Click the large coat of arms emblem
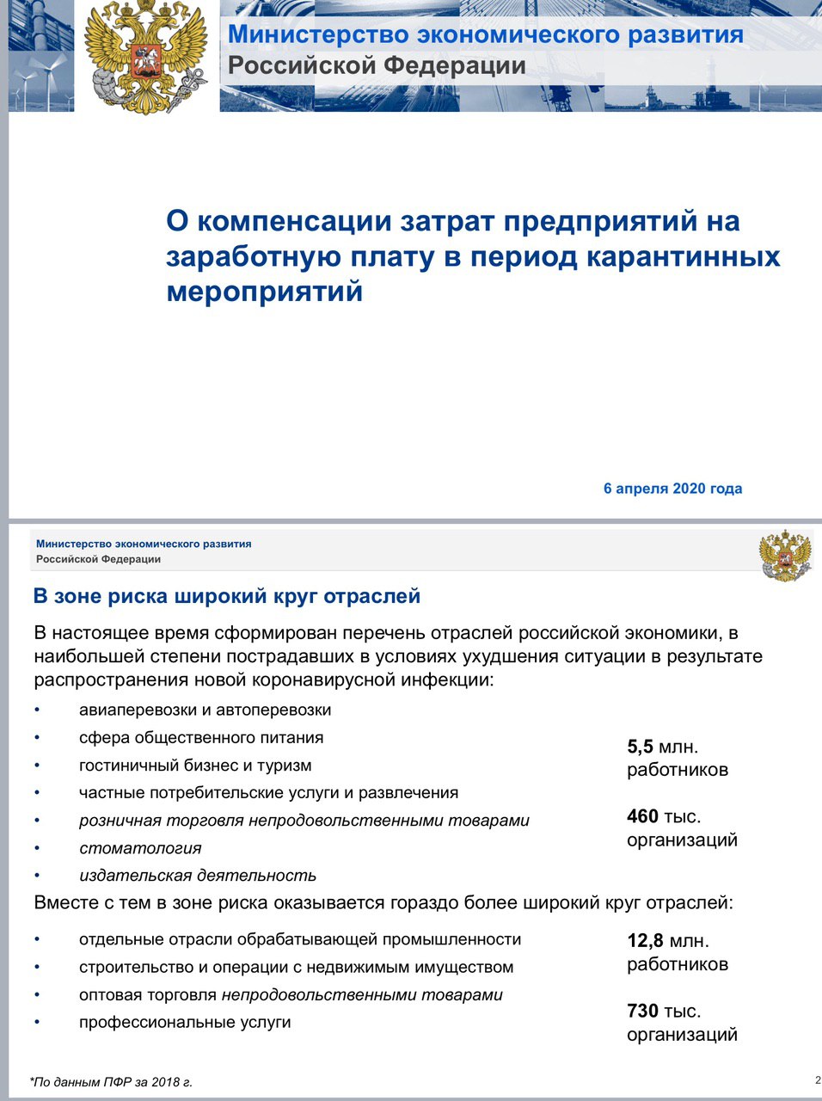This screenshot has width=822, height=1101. [x=146, y=57]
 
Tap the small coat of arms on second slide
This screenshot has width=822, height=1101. [x=785, y=556]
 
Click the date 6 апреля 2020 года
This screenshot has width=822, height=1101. [x=672, y=489]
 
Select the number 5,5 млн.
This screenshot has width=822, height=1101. [x=662, y=747]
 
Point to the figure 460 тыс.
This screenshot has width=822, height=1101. [x=663, y=816]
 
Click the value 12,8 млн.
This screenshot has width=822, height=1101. [x=668, y=940]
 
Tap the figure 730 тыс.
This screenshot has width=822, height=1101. [x=663, y=1011]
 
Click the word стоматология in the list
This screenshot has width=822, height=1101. [x=140, y=848]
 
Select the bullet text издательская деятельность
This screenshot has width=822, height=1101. [x=198, y=876]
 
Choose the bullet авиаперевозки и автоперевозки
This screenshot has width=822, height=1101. [x=205, y=710]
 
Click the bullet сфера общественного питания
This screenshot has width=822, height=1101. [x=201, y=737]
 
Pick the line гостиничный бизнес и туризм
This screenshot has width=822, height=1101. [x=195, y=765]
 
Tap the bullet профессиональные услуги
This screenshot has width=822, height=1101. [x=185, y=1022]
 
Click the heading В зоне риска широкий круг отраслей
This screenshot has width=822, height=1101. [x=226, y=596]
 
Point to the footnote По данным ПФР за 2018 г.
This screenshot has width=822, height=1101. [x=111, y=1082]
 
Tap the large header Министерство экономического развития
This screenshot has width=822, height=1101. [x=485, y=34]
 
